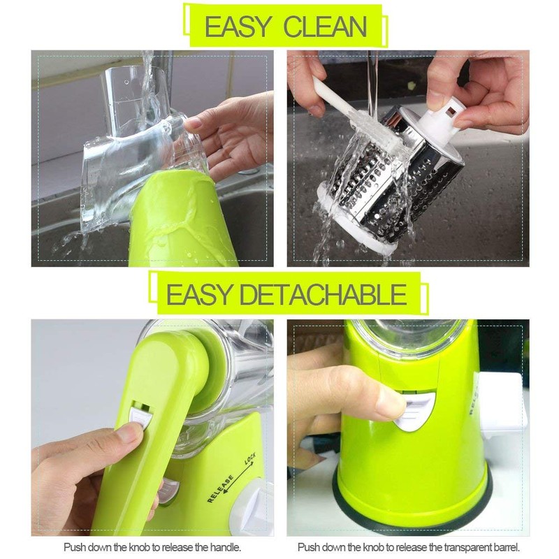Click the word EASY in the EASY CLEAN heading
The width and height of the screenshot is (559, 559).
tap(238, 27)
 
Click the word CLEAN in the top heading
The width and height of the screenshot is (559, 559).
tap(325, 27)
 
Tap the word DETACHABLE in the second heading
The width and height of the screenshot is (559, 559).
tap(323, 294)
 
